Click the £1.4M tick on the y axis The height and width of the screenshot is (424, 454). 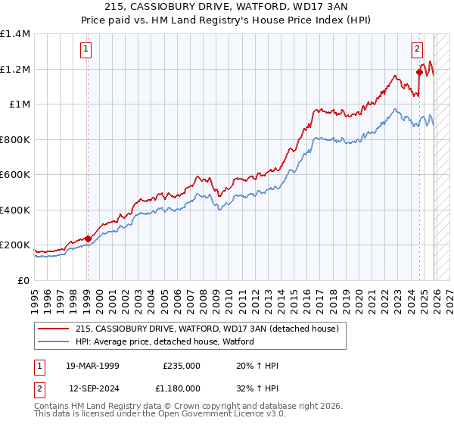point(15,34)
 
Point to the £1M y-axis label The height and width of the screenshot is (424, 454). point(19,104)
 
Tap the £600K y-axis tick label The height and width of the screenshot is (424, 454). point(15,175)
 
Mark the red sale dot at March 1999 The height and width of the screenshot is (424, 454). point(88,238)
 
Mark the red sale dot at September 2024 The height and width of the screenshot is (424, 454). point(419,73)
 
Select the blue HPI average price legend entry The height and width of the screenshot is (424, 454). point(164,341)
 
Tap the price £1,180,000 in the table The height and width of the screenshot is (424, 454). point(182,388)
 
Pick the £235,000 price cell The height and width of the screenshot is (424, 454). point(182,366)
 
